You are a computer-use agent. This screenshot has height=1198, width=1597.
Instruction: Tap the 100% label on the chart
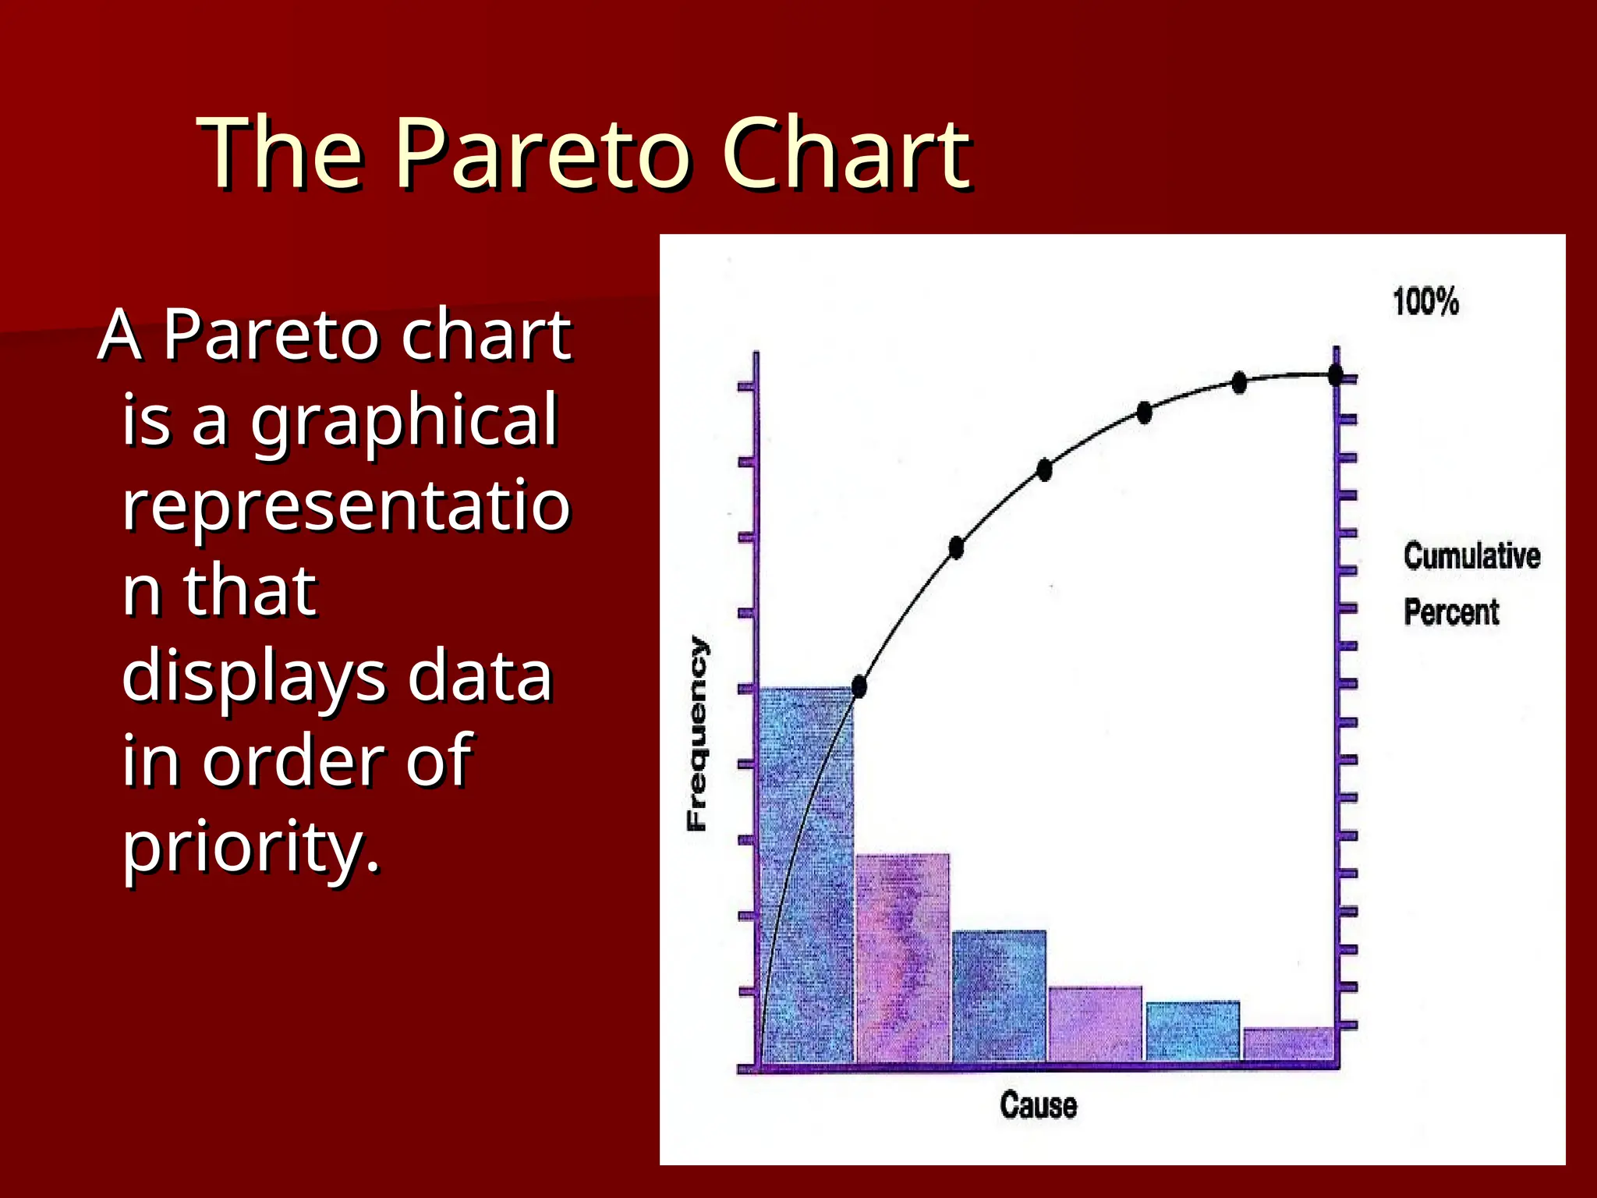[x=1425, y=302]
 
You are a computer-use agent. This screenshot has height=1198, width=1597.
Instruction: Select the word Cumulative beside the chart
[x=1471, y=556]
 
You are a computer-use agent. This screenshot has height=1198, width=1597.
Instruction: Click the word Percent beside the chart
[x=1450, y=612]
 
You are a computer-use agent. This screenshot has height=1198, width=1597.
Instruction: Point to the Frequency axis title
[x=698, y=733]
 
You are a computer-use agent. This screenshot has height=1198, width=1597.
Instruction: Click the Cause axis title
[x=1038, y=1105]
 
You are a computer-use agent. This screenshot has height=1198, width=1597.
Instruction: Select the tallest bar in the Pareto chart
[x=807, y=874]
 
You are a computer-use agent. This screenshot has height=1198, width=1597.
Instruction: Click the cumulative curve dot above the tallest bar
[x=859, y=687]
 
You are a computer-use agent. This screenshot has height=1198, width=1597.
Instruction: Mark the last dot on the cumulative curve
[x=1335, y=376]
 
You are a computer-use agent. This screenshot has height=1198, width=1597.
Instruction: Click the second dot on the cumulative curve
[x=956, y=548]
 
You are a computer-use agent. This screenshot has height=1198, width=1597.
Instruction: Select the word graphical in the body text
[x=403, y=421]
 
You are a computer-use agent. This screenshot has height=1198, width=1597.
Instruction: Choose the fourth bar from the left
[x=1095, y=1023]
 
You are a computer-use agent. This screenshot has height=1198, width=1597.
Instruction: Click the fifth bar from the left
[x=1192, y=1030]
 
